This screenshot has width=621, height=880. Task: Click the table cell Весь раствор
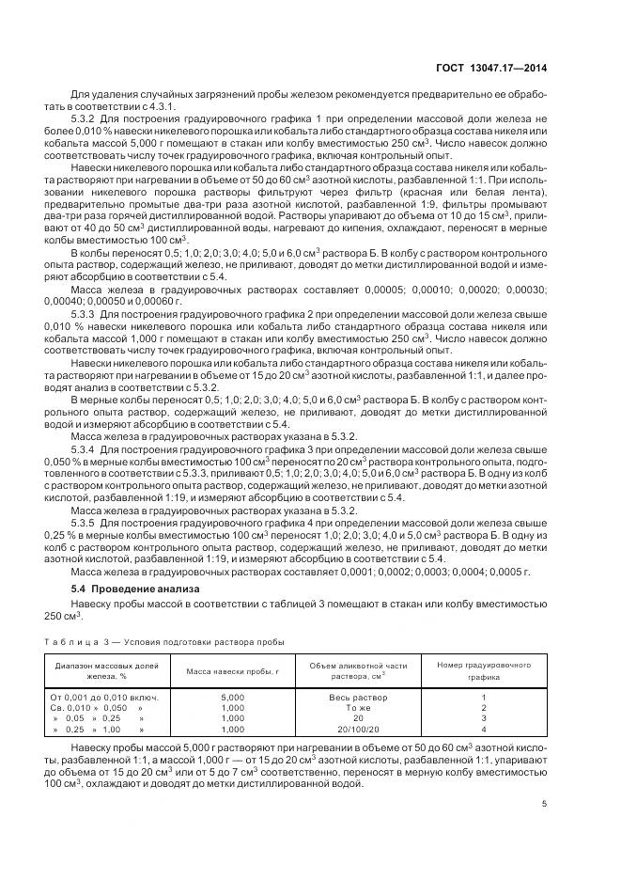(358, 697)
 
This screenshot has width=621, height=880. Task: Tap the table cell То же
(358, 707)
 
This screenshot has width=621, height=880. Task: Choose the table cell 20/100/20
(358, 728)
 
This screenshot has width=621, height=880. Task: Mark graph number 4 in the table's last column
(484, 728)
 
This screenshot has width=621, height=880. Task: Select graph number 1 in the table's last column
(484, 697)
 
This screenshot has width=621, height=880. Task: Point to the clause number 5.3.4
(85, 448)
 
